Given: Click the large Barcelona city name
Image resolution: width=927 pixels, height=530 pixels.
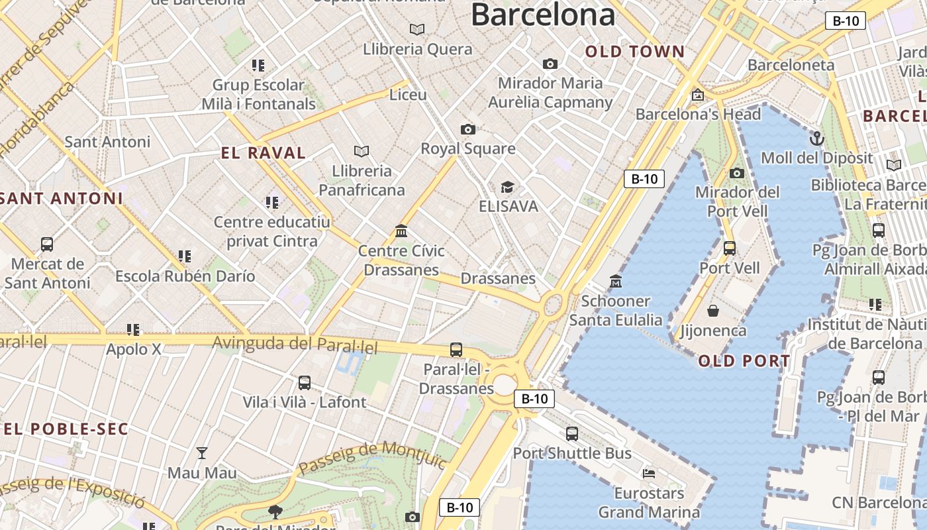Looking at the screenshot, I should coord(543,15).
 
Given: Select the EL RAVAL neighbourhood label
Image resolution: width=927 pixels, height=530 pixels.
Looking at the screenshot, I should coord(263,153).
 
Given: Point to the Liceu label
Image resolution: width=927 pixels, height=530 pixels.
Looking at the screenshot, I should coord(408,95).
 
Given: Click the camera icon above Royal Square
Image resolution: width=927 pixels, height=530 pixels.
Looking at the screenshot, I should coord(467,129).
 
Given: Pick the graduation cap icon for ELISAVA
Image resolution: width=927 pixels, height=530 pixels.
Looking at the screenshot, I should coord(507,187).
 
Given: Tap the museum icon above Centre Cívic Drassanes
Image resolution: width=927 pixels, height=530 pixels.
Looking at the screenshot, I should coord(401,231).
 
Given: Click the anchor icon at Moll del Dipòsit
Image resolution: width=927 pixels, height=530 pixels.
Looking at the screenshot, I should coord(817,138).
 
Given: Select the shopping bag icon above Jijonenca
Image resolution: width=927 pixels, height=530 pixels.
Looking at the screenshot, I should coord(713,310).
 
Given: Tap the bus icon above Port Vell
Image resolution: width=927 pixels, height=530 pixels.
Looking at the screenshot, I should coord(729,248).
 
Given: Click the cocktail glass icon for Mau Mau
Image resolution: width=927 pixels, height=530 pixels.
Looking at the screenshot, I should coord(202,453).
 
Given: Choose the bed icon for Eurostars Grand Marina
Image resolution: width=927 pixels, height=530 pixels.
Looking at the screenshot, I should coord(649,473).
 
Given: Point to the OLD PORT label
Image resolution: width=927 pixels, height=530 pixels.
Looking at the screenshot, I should coord(744,361).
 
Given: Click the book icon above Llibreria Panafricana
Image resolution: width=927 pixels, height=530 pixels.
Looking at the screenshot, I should coord(361,151).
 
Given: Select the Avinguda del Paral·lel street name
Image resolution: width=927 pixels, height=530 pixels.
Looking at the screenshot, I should coord(295,344).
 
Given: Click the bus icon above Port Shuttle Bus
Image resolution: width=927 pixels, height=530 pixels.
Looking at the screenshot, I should coord(571,434).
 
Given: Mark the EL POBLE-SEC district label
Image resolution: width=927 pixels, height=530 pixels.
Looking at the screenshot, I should coord(65,429).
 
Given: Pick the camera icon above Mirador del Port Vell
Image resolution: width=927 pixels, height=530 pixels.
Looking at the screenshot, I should coord(736,173).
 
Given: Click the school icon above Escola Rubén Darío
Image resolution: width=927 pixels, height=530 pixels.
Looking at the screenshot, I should coord(185,256).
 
